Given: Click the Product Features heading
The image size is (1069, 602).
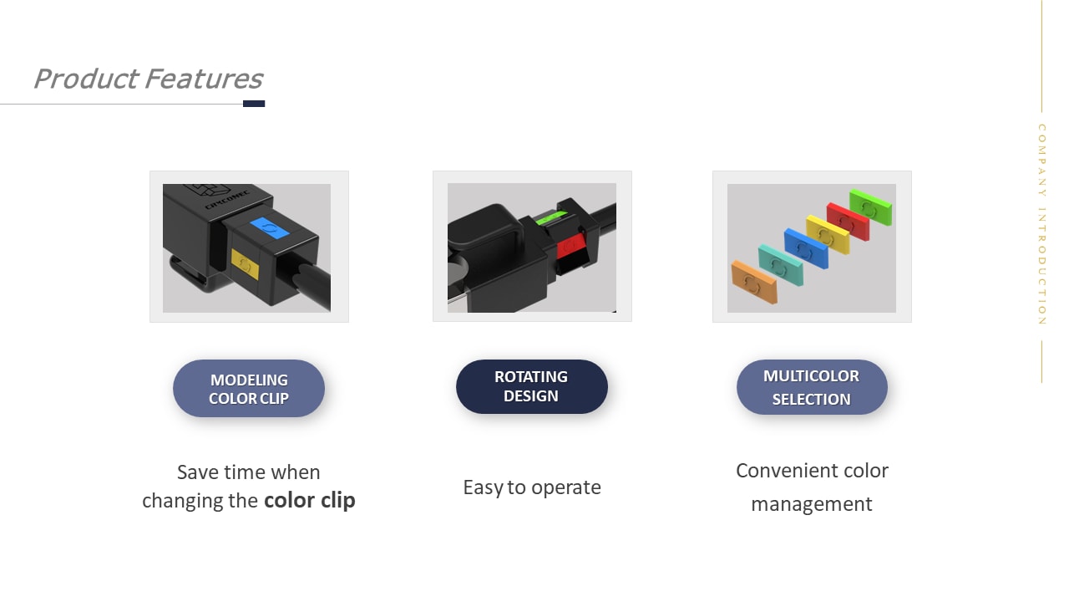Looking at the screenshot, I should [x=147, y=79].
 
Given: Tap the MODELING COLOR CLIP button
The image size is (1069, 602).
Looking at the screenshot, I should [x=249, y=389].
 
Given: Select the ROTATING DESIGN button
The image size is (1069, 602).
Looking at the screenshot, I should [x=531, y=386].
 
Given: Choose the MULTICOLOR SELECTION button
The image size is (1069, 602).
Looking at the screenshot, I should [x=811, y=387].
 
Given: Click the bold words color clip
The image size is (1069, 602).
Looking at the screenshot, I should [x=310, y=500].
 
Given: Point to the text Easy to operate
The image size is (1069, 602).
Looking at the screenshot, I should [x=532, y=487].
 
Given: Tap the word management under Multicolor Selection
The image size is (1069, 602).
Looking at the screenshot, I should [x=811, y=504].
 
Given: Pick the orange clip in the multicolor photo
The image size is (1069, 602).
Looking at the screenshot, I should [x=753, y=282].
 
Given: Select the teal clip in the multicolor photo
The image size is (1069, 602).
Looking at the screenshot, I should [x=780, y=264].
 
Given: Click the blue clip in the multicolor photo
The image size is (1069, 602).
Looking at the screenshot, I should [x=805, y=248].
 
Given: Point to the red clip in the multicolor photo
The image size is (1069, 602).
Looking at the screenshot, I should [x=848, y=221].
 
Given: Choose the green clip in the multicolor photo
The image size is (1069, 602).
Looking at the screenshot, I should [x=870, y=207].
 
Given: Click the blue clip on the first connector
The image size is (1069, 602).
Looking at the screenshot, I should [x=269, y=227].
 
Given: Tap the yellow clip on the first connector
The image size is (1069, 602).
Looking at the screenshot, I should [x=245, y=264].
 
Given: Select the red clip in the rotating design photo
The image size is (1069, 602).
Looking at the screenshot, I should [x=572, y=245].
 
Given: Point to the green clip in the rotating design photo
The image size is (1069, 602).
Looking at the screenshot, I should [x=550, y=219].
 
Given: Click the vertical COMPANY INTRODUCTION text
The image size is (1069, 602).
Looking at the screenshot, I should [x=1041, y=224].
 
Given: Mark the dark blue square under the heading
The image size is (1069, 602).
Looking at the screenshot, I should [x=254, y=104].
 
